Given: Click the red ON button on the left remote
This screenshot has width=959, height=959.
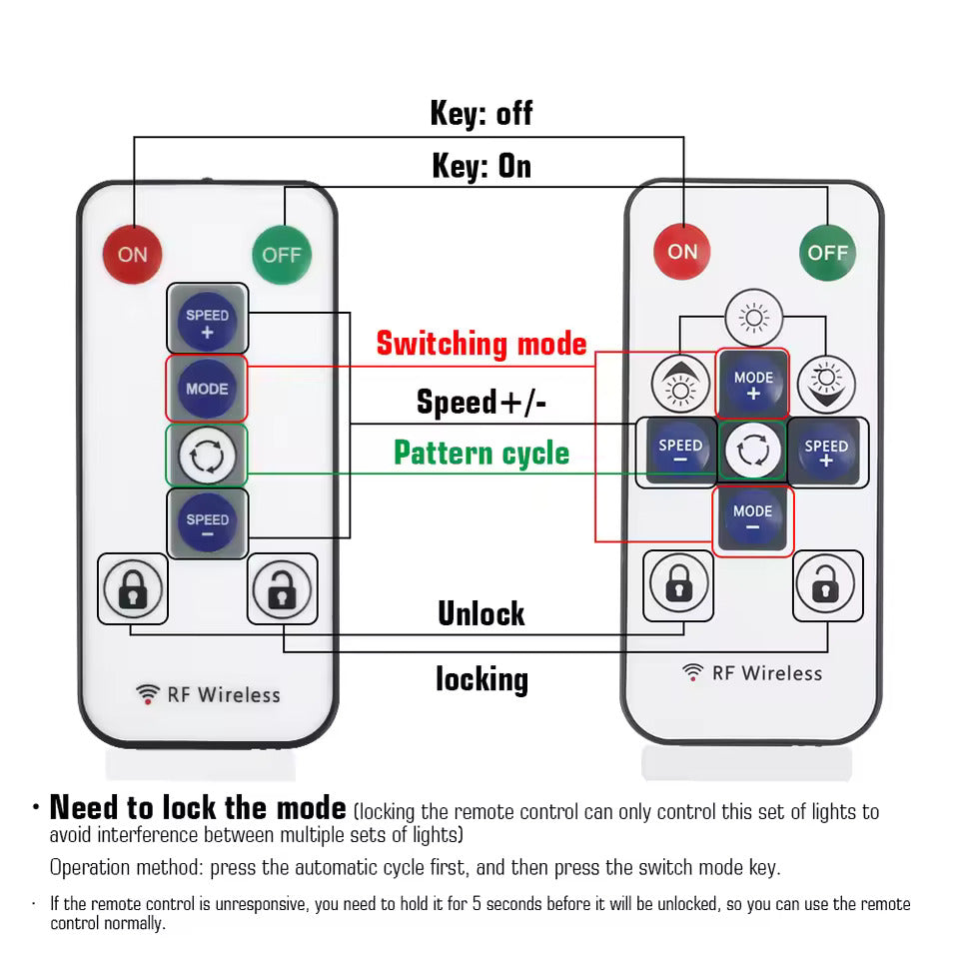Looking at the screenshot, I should point(132,254).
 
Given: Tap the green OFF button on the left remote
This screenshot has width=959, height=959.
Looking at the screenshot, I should point(282,254).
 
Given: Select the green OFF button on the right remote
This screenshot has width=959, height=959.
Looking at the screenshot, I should point(827,252).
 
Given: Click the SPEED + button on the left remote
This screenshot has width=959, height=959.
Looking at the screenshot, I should point(207,322).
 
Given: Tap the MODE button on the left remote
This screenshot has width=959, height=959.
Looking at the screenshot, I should point(207,389).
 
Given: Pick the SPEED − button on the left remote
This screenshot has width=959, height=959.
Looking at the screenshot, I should point(207,525).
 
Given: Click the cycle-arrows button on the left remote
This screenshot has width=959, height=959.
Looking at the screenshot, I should point(207,457).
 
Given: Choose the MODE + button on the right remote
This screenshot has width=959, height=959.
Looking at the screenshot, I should point(753,385).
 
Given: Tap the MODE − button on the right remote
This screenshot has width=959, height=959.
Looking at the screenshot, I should point(753,518).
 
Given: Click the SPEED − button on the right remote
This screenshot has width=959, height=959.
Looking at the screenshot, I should point(680,453).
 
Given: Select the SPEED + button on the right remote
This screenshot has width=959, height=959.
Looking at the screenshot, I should point(826,453).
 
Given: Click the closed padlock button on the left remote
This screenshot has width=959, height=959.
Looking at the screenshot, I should point(132,589).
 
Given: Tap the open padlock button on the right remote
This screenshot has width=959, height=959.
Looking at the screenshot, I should point(826,585).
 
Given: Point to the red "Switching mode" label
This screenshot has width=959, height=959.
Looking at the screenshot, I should point(481,344).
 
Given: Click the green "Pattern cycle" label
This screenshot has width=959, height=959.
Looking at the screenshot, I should point(481,453).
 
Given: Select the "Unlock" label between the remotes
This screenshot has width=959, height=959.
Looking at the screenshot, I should point(481,613).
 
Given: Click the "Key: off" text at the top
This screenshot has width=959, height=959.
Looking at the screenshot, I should point(481,113).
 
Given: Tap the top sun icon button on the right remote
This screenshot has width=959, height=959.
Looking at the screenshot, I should point(753,318).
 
